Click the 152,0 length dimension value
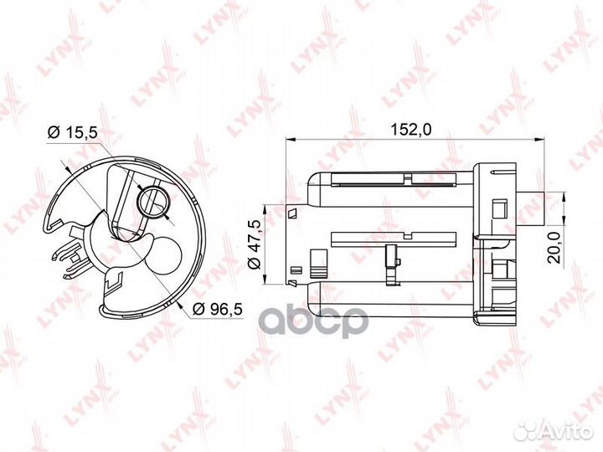410,130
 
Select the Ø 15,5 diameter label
73,132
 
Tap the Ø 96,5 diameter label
217,309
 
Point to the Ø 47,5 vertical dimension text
255,244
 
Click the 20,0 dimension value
554,247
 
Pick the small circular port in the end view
154,203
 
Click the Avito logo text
569,432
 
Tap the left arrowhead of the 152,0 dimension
290,139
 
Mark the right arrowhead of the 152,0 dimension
540,139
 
